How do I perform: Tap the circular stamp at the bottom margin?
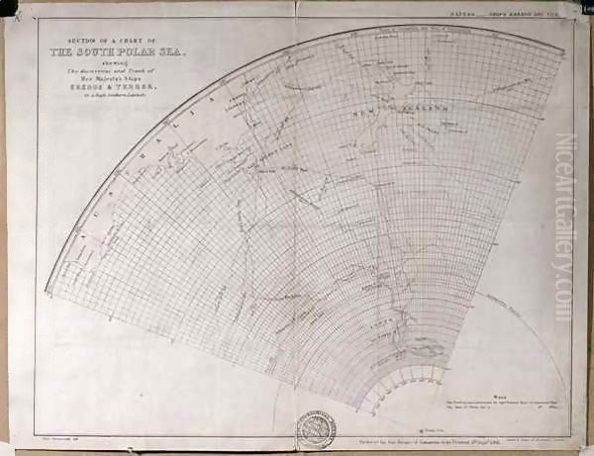click(317, 428)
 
